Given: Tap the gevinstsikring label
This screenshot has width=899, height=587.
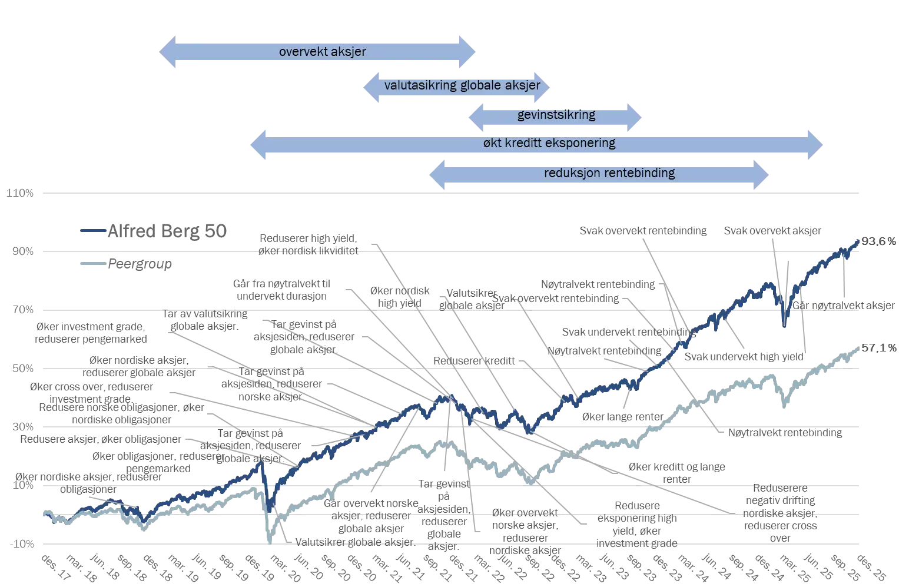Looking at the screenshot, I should click(x=556, y=115).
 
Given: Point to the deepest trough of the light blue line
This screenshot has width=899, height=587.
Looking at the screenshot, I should click(x=269, y=540).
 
